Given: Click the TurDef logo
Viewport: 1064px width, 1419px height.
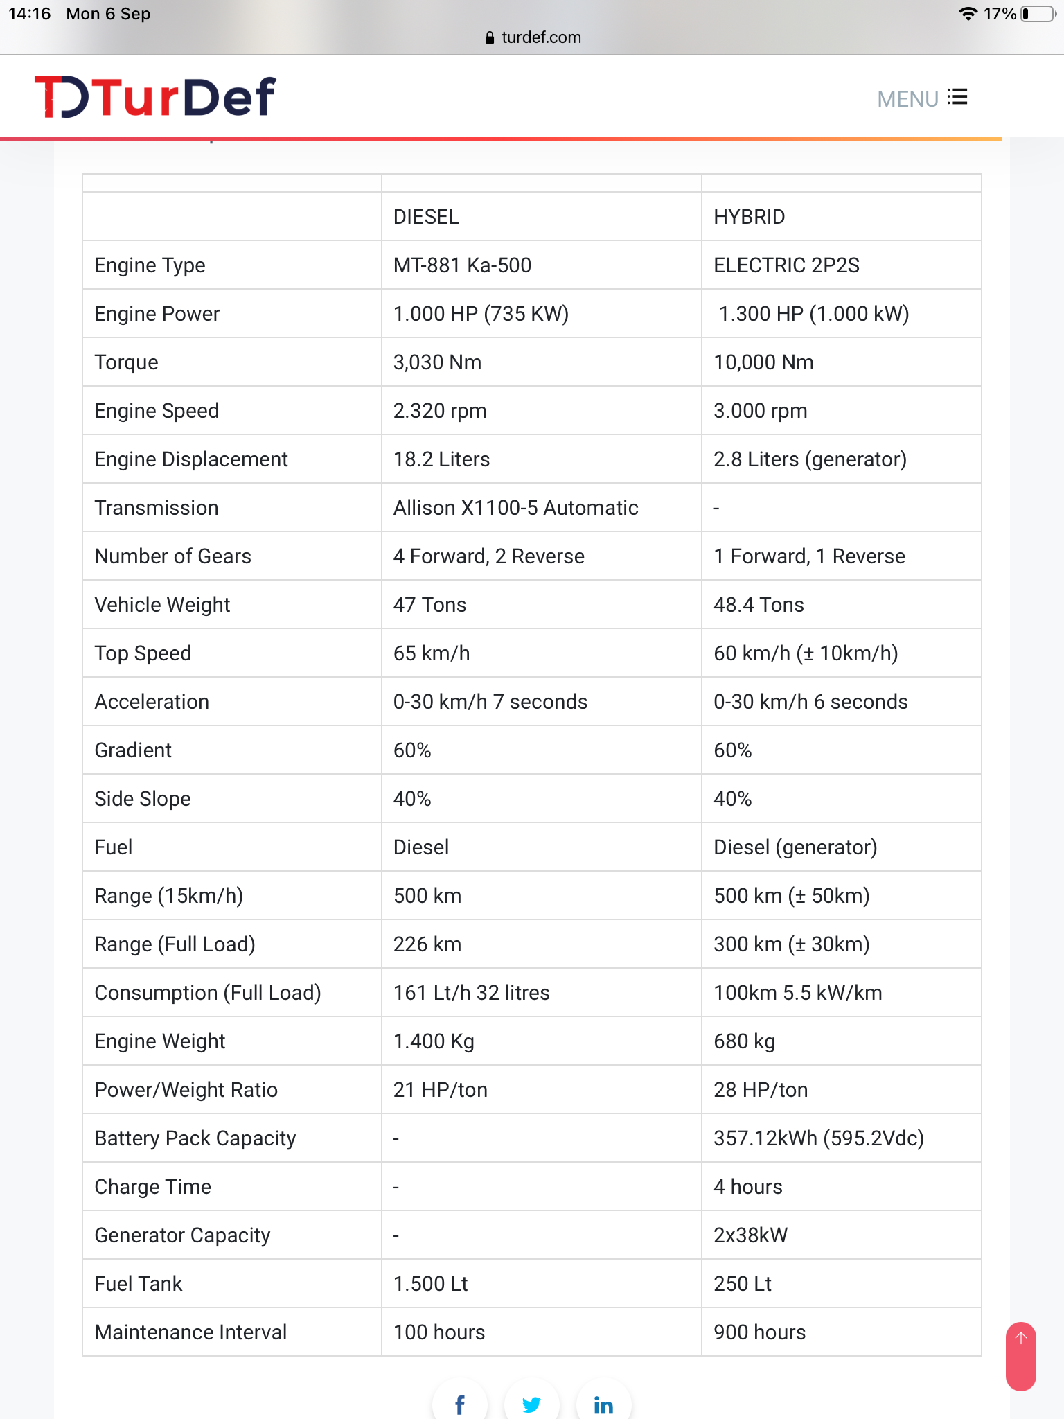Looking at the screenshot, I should click(155, 97).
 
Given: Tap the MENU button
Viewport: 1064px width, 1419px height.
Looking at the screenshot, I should click(921, 98).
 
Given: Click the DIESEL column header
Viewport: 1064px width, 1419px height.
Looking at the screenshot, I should click(426, 217).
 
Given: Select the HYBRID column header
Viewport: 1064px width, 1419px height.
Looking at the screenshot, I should click(749, 217).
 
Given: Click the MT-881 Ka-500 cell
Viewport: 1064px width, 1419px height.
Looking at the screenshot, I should click(462, 265).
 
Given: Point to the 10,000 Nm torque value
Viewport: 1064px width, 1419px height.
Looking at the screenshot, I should click(763, 362).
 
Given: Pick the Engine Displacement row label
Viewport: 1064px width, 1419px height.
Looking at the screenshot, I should click(191, 459).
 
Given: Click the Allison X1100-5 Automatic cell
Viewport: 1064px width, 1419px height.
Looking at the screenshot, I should click(515, 508).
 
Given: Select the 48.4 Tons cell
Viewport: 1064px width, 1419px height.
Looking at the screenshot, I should click(759, 605).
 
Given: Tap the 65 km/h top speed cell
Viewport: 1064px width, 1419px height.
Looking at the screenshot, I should click(431, 653).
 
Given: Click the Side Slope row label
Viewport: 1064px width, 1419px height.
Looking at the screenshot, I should click(143, 799).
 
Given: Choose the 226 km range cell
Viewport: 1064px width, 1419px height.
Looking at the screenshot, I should click(427, 944).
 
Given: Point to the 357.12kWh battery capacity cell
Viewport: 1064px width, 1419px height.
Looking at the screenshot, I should click(819, 1138).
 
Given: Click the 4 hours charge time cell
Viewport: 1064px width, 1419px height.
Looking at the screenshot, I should click(747, 1187).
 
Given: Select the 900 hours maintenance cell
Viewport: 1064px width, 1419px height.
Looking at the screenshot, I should click(759, 1332).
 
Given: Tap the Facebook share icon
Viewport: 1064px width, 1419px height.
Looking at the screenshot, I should click(460, 1404).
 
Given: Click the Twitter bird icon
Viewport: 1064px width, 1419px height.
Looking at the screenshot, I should click(531, 1404).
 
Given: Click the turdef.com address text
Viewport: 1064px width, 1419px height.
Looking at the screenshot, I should click(541, 37).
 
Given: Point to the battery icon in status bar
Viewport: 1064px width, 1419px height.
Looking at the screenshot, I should click(1037, 14).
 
